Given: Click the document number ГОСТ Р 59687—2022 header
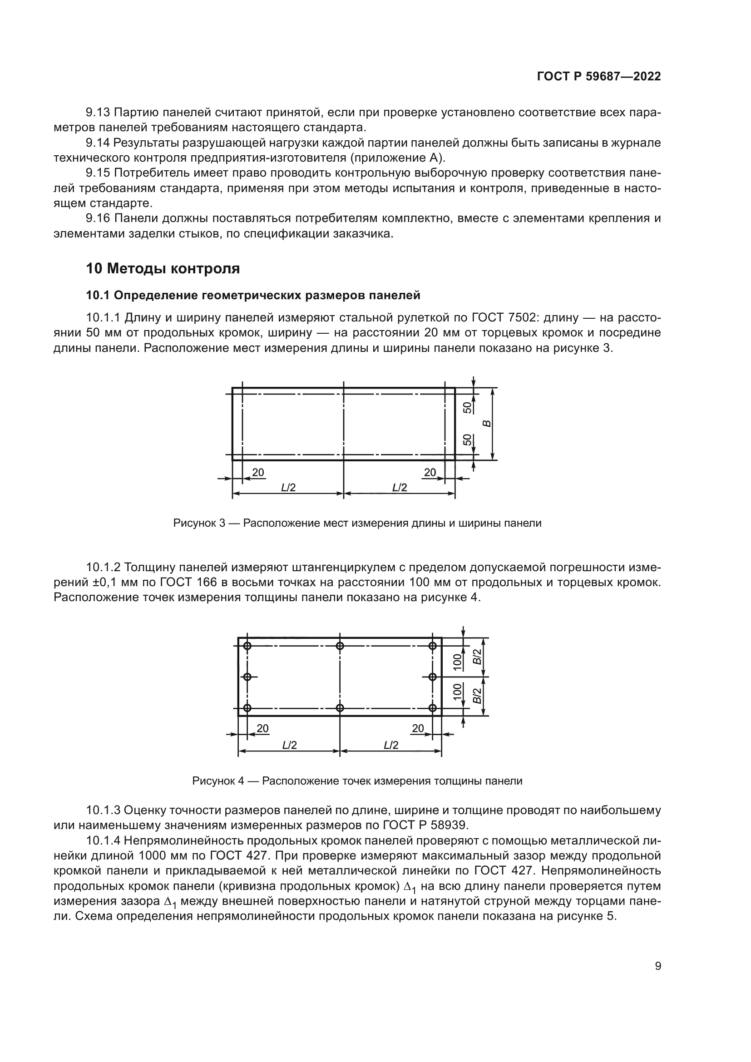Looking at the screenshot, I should click(599, 77).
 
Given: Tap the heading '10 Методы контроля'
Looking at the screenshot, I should click(163, 268).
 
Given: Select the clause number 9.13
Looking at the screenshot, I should click(98, 113).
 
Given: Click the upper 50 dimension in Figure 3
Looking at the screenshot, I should click(468, 407).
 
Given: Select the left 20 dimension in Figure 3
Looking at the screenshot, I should click(258, 472).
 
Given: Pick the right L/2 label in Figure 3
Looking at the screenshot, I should click(400, 488).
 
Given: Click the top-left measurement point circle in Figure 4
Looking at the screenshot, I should click(247, 646).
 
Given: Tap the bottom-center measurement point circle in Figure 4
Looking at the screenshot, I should click(340, 708).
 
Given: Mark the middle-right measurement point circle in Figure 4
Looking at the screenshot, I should click(433, 677).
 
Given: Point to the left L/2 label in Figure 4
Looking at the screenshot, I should click(289, 745).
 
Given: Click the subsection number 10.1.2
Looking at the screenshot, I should click(103, 567).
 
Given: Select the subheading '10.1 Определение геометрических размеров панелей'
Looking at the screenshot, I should click(253, 295).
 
